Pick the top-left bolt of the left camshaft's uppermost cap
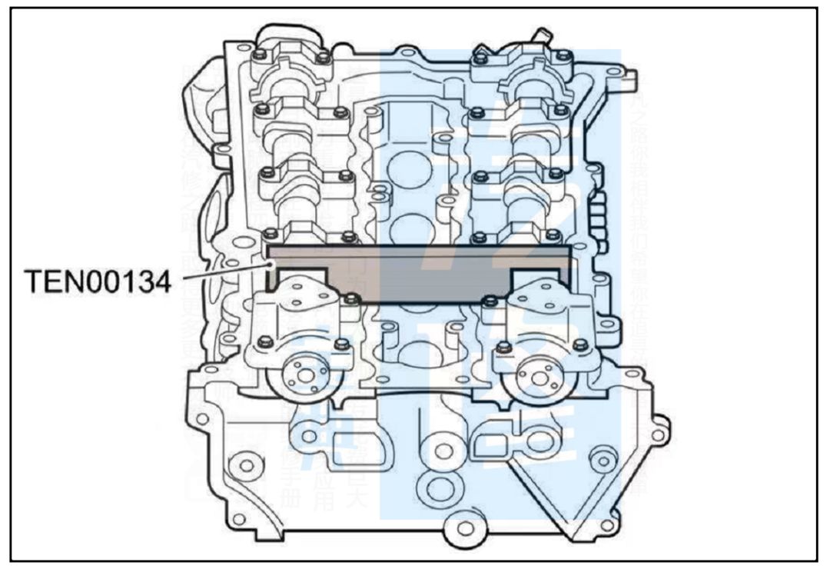261,55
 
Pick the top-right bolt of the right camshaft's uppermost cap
564,55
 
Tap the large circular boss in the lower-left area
245,464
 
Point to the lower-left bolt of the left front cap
264,341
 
